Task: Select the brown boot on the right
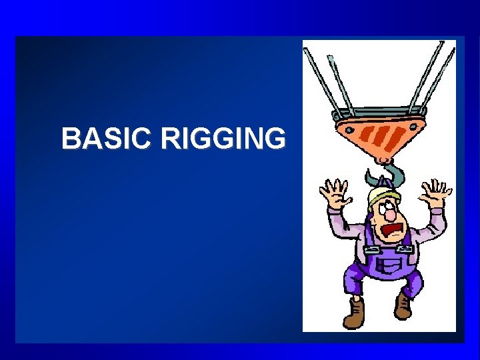coord(403,306)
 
